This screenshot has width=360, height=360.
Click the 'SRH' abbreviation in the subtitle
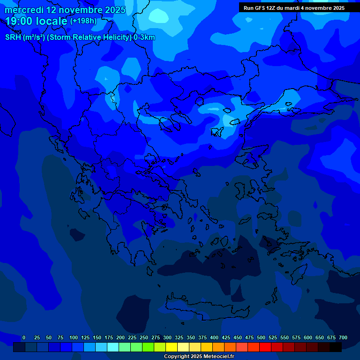[x=13, y=37]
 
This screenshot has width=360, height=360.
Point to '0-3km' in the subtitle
[x=144, y=37]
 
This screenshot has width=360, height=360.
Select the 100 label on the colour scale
[x=74, y=337]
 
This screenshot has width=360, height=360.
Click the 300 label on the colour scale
[x=167, y=337]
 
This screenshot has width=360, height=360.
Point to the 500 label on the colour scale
[x=261, y=337]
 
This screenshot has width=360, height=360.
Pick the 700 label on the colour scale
[x=343, y=337]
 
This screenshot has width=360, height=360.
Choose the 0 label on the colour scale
[x=24, y=337]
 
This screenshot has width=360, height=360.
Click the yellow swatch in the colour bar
[x=172, y=347]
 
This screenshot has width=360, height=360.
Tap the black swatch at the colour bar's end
[x=336, y=347]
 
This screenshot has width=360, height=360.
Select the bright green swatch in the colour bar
[x=148, y=347]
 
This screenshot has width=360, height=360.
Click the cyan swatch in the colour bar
[x=113, y=347]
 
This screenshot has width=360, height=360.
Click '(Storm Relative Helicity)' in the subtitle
[x=90, y=37]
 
